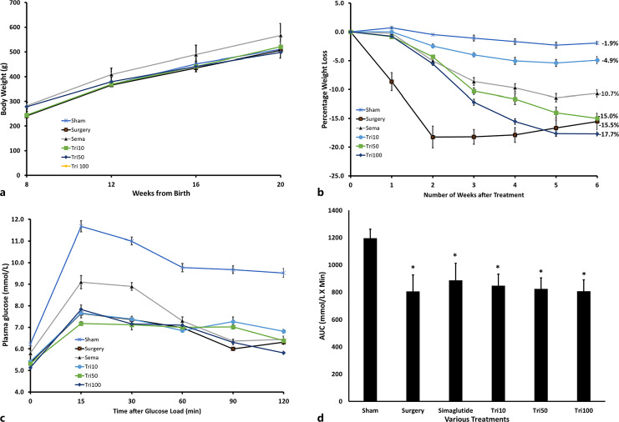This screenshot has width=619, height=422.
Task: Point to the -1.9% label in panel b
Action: [610, 43]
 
